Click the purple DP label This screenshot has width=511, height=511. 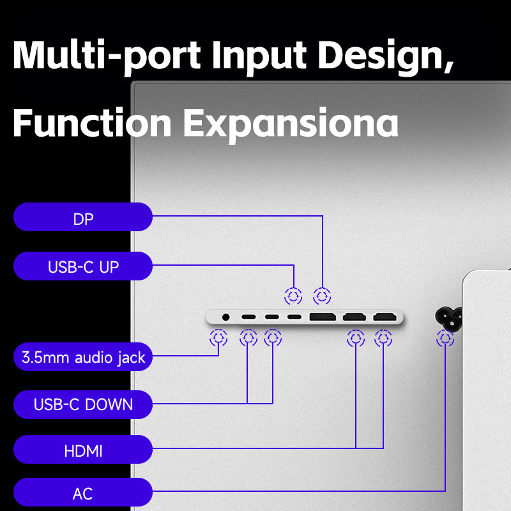(83, 217)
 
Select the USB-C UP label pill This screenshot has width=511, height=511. (83, 266)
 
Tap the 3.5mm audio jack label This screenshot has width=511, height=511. (83, 356)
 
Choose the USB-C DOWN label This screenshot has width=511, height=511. (83, 404)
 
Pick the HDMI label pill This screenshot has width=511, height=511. (83, 450)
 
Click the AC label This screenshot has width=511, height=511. (83, 492)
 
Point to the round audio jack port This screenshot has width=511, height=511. (225, 317)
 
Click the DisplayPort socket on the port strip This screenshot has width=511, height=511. (323, 316)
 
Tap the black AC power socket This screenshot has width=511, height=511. (448, 317)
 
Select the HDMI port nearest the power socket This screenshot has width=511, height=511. (385, 316)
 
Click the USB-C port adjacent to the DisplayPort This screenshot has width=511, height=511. (294, 317)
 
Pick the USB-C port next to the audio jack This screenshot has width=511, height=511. (248, 317)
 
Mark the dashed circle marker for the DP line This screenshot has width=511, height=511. (322, 296)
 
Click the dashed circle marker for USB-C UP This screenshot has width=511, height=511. (293, 296)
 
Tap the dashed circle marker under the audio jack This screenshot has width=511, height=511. (218, 338)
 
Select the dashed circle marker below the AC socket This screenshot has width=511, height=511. (445, 339)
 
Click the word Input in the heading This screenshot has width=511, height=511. (259, 56)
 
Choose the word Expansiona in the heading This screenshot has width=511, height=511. (291, 125)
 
